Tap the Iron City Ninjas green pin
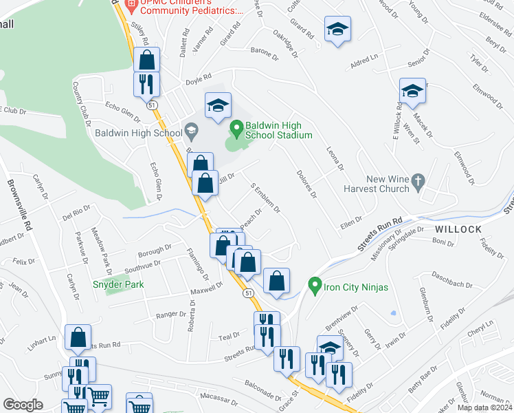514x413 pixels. tap(315, 284)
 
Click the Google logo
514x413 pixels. tap(23, 405)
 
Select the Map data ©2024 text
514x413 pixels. tap(484, 407)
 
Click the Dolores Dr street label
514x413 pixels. tap(306, 184)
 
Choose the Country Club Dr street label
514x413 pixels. tap(82, 103)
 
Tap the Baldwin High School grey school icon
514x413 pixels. tap(191, 130)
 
